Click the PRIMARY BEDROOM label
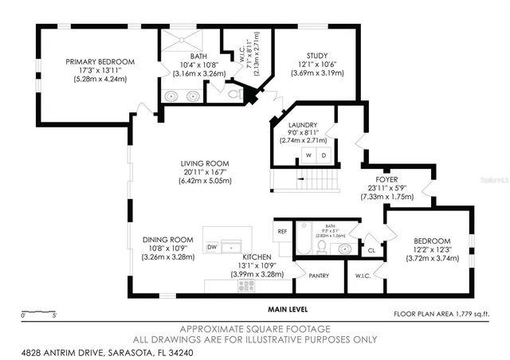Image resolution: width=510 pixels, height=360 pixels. [x=100, y=61]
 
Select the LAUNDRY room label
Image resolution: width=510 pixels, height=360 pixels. [x=303, y=125]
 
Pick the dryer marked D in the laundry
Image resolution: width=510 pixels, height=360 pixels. [x=323, y=156]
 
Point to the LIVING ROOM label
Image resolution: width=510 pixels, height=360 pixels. [x=206, y=163]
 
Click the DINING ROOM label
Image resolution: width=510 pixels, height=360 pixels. [x=167, y=240]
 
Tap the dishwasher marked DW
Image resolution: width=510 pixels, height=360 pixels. [x=212, y=248]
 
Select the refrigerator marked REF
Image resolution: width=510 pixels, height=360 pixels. [x=282, y=232]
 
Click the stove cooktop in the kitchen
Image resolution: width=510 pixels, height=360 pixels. [x=246, y=285]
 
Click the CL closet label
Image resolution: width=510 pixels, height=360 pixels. [x=371, y=250]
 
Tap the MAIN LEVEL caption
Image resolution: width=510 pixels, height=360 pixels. [x=287, y=309]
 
